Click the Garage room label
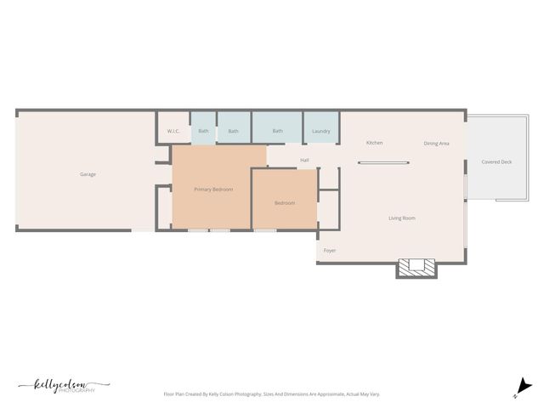(x=88, y=174)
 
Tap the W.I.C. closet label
(x=173, y=131)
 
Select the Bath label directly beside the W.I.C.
(x=203, y=131)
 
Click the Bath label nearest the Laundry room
(x=277, y=131)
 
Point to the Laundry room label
(x=320, y=131)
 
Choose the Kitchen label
(x=374, y=143)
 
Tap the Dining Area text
(x=436, y=144)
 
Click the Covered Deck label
(x=496, y=161)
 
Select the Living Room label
(x=402, y=218)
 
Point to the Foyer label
(x=330, y=251)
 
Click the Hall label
(x=304, y=160)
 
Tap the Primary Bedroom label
(x=213, y=190)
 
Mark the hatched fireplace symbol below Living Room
(x=417, y=268)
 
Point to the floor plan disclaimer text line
(x=271, y=394)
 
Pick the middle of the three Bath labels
(x=233, y=131)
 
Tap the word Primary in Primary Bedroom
(x=202, y=190)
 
